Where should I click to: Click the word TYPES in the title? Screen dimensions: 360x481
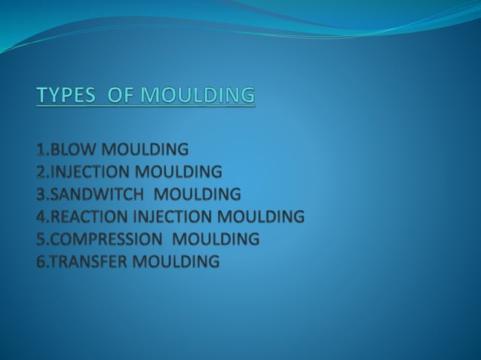[x=65, y=96]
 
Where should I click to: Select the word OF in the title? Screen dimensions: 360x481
[x=120, y=96]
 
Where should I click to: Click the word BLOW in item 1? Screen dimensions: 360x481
[x=71, y=148]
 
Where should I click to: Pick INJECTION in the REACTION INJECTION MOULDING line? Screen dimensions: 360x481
[x=173, y=217]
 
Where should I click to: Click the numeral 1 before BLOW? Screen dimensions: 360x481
[x=40, y=148]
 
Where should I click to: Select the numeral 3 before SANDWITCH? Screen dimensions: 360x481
[x=41, y=194]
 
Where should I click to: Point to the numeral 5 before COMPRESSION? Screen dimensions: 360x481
[x=41, y=239]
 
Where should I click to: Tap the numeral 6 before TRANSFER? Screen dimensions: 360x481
[x=41, y=262]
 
